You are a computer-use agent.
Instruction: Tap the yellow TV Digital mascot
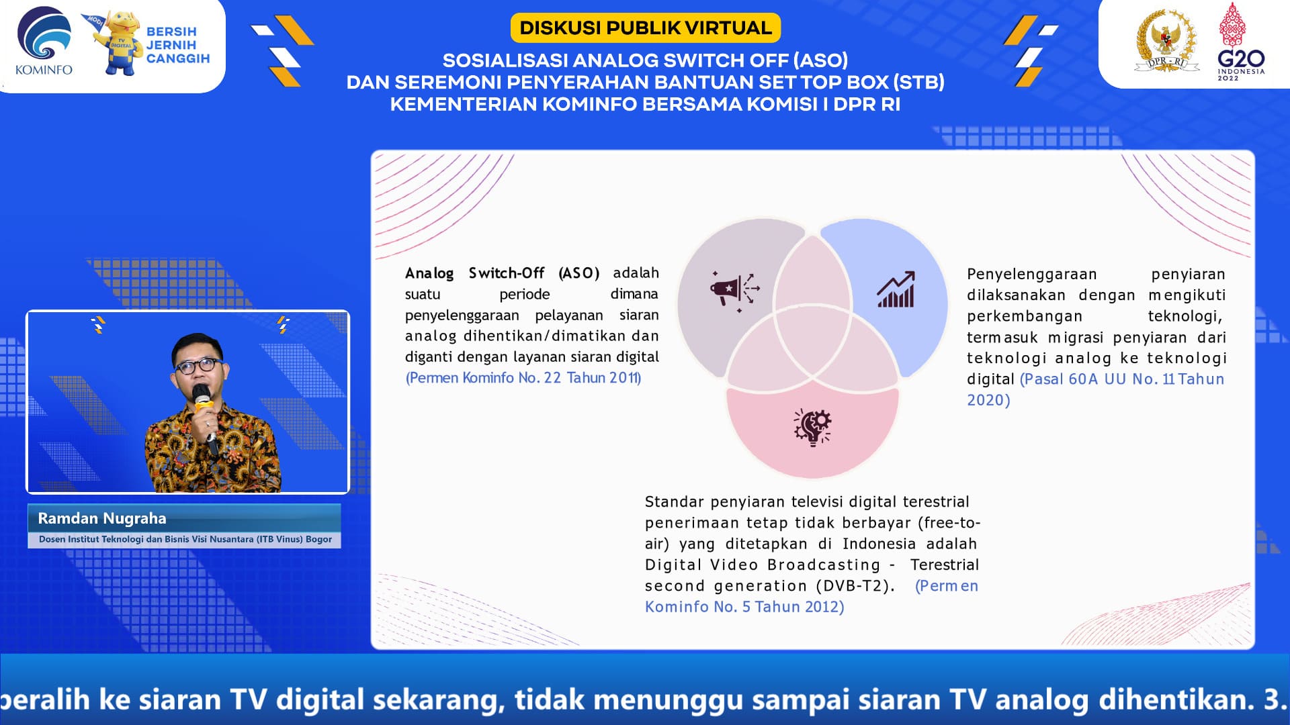(118, 43)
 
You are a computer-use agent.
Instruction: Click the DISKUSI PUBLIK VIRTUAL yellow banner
(646, 28)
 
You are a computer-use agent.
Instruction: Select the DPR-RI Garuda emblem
(1167, 40)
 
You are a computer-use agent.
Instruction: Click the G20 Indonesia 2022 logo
(1240, 42)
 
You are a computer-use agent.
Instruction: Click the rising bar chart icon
(896, 289)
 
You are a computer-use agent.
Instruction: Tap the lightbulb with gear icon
(812, 428)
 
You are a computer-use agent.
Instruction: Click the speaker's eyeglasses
(198, 366)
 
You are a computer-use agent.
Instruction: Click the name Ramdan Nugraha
(102, 518)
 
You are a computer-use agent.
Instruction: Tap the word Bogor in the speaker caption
(318, 539)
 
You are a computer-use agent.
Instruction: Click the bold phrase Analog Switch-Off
(474, 273)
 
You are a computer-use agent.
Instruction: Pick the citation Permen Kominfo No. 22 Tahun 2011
(523, 378)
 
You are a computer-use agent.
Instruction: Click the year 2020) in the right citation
(988, 400)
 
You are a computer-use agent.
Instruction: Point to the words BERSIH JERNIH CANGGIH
(178, 45)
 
